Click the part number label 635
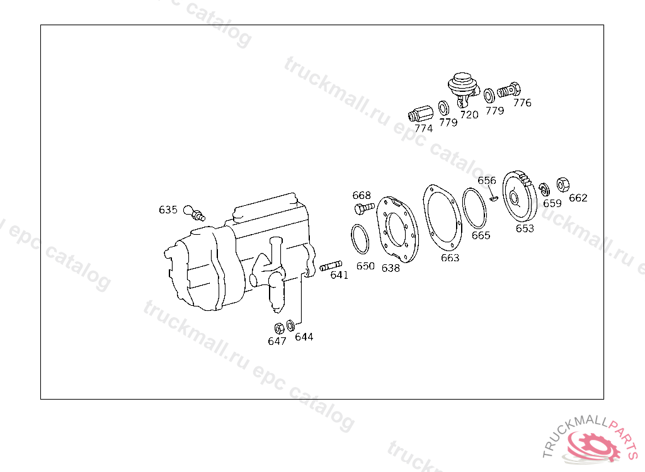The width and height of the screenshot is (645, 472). point(168,210)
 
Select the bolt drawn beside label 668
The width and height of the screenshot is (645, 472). point(364,208)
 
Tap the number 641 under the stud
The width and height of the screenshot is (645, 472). point(340,275)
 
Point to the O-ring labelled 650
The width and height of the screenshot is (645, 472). point(360,239)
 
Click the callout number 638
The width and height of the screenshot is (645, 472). point(391,268)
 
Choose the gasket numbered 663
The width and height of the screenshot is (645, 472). point(442,218)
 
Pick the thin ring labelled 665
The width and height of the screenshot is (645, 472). point(474,208)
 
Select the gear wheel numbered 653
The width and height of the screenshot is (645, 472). point(520,196)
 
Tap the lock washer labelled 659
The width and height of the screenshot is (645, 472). point(544,189)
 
